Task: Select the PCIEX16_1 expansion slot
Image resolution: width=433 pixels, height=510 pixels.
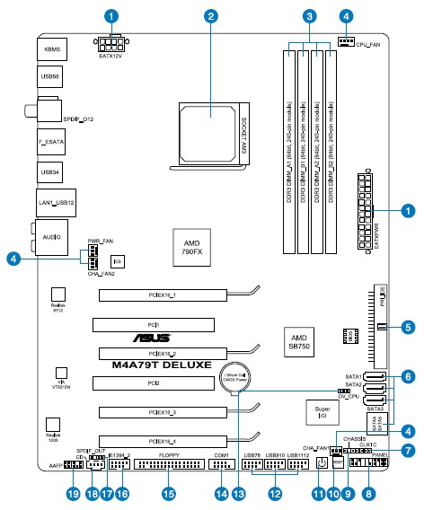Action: tap(163, 295)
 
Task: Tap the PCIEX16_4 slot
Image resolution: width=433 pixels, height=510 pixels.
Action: tap(163, 441)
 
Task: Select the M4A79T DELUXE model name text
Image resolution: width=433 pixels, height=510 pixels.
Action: tap(162, 366)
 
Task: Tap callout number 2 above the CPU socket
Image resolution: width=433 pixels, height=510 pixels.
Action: tap(211, 16)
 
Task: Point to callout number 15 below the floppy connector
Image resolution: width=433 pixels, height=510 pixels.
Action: tap(168, 495)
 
